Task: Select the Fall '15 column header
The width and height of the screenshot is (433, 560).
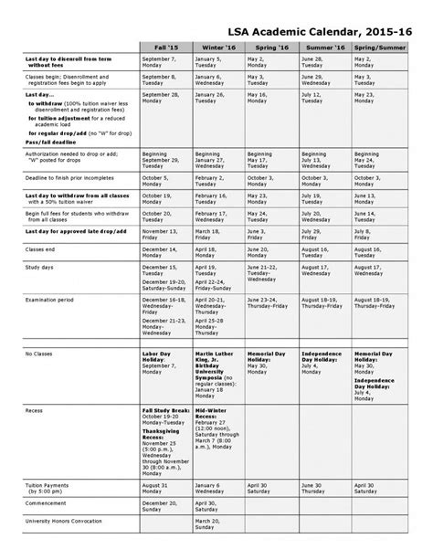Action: pyautogui.click(x=165, y=47)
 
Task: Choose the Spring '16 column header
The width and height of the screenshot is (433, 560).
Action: pyautogui.click(x=270, y=47)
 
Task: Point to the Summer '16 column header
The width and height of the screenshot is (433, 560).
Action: pyautogui.click(x=323, y=47)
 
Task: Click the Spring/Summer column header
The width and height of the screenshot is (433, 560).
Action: pyautogui.click(x=376, y=47)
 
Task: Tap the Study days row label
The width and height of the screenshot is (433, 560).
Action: pyautogui.click(x=40, y=269)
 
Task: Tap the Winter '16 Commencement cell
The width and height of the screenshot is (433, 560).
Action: pyautogui.click(x=217, y=505)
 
